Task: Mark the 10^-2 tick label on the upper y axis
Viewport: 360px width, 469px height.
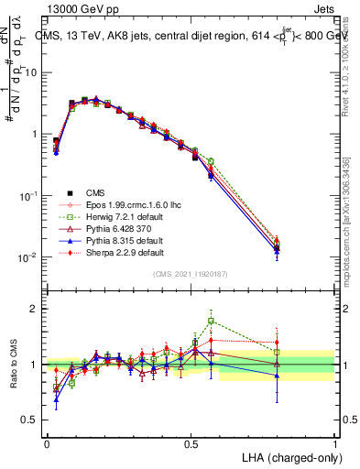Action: coord(30,257)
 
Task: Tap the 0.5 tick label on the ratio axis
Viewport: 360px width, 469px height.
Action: coord(30,420)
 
